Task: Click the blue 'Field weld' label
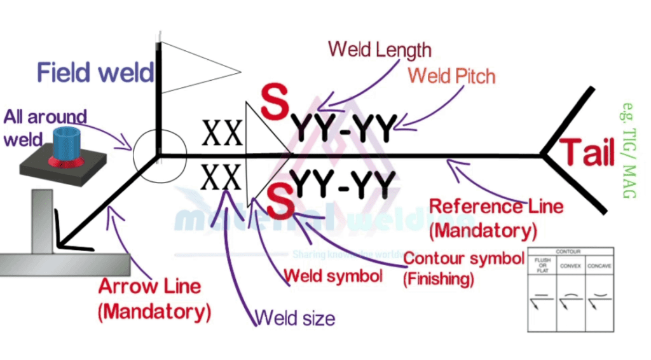tap(95, 72)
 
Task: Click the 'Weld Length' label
tap(380, 50)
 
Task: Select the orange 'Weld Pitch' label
tap(451, 76)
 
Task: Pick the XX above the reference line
tap(222, 134)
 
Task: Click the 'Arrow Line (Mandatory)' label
tap(154, 298)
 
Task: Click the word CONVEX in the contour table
tap(569, 266)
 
